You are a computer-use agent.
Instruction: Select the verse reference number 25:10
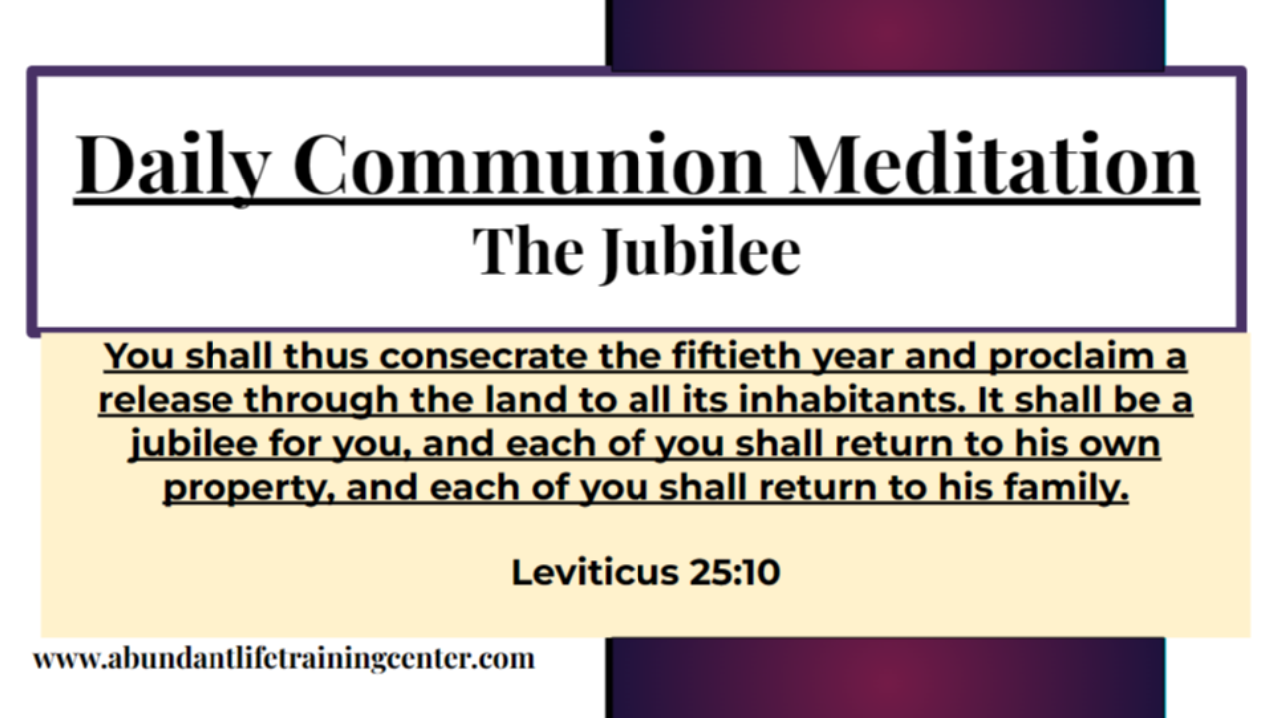[x=733, y=572]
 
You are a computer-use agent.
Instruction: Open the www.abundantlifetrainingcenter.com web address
[x=283, y=659]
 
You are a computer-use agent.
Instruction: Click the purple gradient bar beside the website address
[x=885, y=678]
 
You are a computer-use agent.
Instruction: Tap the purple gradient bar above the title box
[x=885, y=33]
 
